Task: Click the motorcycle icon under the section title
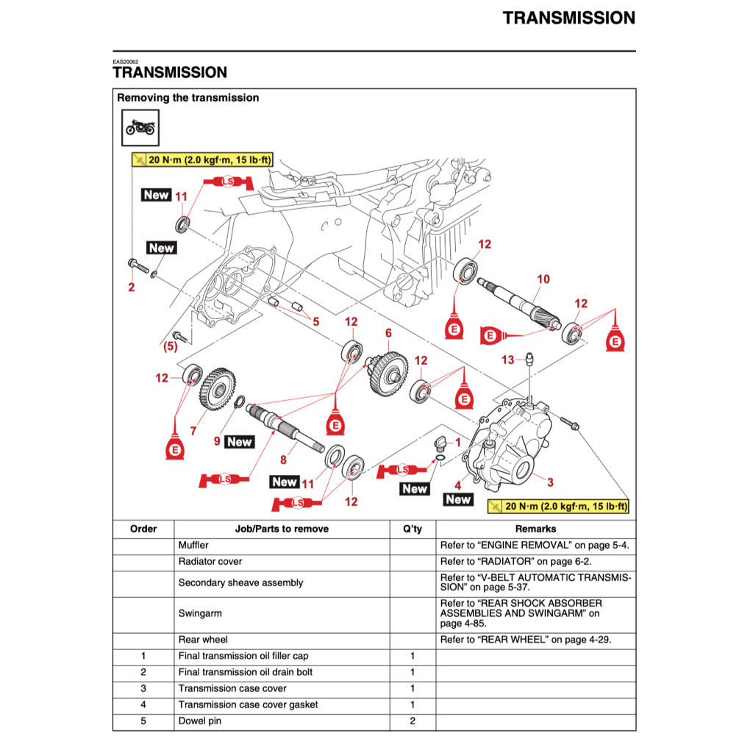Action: tap(140, 128)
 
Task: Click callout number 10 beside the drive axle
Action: tap(543, 279)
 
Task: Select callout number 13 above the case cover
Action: tap(508, 360)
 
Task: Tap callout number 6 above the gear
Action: tap(388, 333)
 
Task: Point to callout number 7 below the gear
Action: tap(193, 431)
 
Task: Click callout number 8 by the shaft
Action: tap(283, 461)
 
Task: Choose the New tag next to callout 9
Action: tap(240, 442)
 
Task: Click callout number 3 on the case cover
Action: tap(549, 482)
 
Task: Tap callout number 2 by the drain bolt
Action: tap(132, 288)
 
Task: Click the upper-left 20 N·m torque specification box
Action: tap(201, 160)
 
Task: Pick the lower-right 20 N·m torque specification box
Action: tap(558, 507)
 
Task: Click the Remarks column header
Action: tap(535, 529)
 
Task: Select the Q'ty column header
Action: tap(412, 529)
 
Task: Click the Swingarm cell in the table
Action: tap(200, 613)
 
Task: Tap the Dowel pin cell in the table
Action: tap(199, 721)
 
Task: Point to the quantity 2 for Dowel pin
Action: tap(412, 721)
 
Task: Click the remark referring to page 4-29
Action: tap(525, 640)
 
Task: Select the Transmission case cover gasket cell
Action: tap(248, 705)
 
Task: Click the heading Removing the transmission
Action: tap(188, 98)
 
